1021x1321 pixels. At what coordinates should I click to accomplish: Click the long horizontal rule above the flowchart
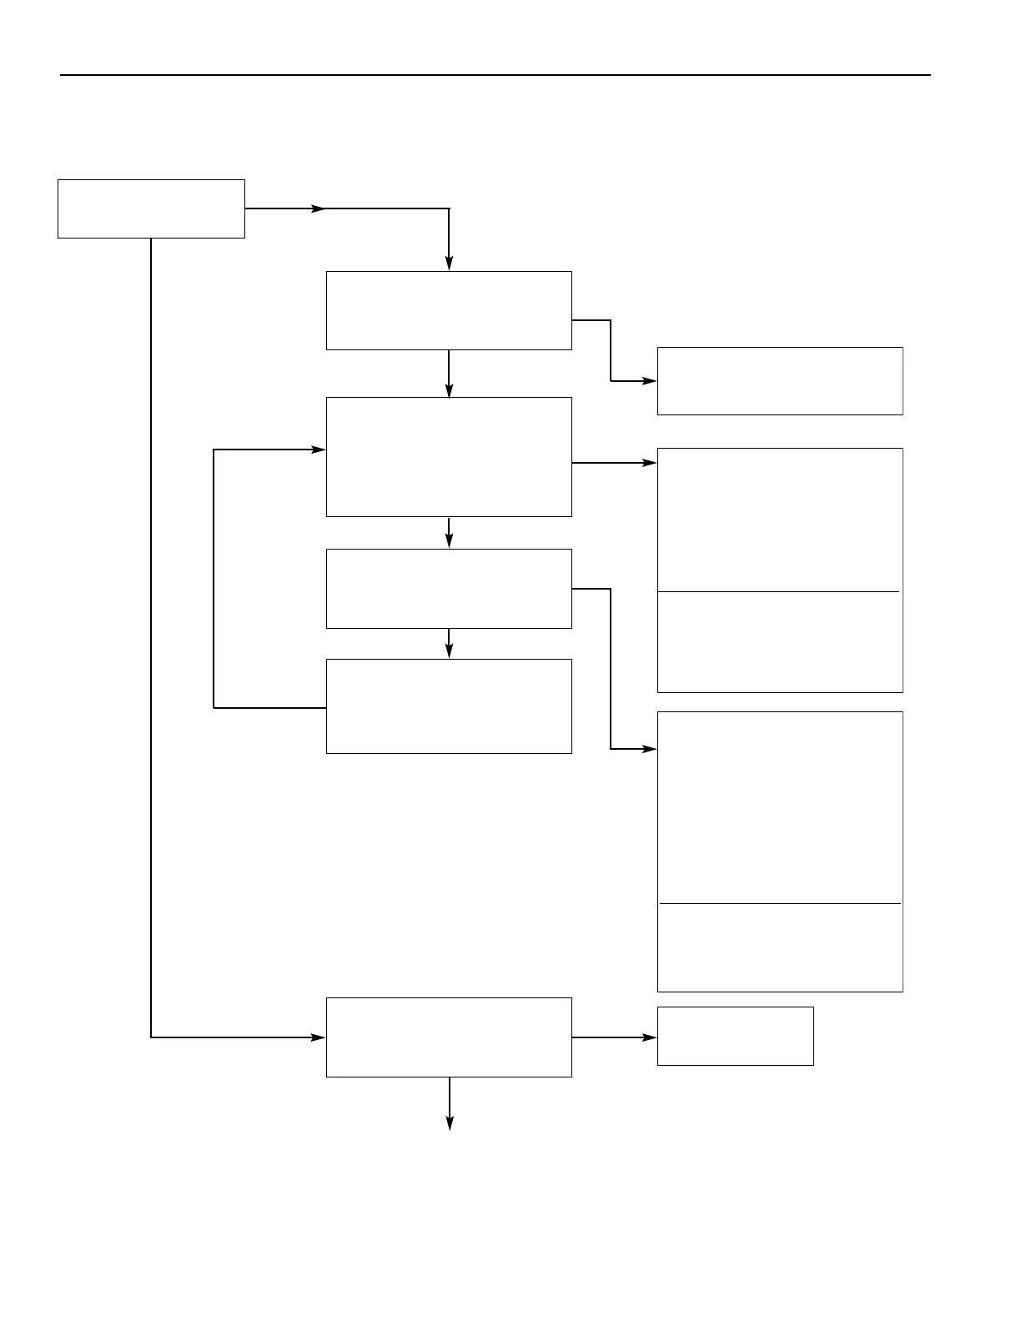[x=495, y=75]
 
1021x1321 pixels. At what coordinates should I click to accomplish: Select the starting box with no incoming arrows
[x=151, y=208]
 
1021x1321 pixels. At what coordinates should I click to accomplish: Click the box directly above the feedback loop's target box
[x=449, y=310]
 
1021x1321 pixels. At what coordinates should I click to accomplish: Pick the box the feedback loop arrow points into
[x=449, y=457]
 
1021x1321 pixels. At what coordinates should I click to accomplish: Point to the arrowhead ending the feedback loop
[x=319, y=450]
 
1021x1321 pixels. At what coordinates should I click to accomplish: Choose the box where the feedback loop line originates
[x=449, y=706]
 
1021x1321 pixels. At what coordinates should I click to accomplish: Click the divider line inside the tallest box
[x=780, y=903]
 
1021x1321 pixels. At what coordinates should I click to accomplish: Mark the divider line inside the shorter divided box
[x=778, y=592]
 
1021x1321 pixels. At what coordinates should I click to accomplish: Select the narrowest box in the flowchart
[x=735, y=1036]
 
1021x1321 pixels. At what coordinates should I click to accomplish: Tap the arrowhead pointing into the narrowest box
[x=650, y=1037]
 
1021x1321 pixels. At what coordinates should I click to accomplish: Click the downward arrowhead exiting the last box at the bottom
[x=450, y=1123]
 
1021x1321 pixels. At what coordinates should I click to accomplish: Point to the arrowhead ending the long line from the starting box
[x=318, y=1037]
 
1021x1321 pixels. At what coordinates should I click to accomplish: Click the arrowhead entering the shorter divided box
[x=650, y=463]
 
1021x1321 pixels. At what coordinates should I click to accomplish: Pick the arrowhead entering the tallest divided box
[x=650, y=750]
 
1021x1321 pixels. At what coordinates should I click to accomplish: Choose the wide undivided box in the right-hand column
[x=780, y=381]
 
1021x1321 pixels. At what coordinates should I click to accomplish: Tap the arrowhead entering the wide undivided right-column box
[x=650, y=381]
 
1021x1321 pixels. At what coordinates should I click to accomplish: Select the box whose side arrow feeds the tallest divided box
[x=449, y=589]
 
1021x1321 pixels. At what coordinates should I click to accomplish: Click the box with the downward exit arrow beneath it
[x=449, y=1037]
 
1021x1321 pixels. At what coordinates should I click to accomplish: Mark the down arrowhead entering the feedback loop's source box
[x=449, y=651]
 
